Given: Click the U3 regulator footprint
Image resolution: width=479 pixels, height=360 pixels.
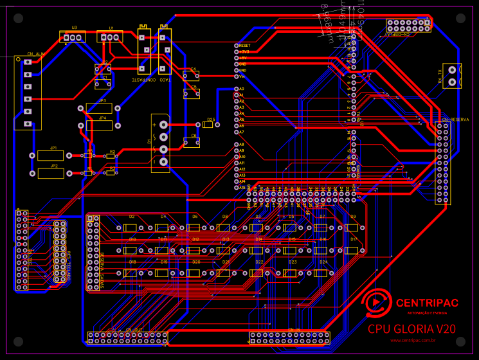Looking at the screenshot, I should (73, 38).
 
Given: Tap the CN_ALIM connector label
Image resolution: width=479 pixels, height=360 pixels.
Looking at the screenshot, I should (36, 54).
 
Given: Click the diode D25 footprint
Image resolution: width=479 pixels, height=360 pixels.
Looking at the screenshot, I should (208, 125).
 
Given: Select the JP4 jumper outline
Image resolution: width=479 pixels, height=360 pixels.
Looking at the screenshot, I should (98, 125).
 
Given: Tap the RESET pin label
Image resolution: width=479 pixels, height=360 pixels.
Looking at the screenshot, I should (244, 46).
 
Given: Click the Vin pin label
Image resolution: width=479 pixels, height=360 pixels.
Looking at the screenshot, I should (243, 76).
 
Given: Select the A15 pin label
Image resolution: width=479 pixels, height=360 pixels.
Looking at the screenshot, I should (242, 187).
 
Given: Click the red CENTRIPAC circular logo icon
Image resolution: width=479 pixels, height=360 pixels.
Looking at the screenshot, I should (375, 303).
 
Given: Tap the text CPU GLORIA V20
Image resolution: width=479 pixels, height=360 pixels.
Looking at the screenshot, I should (411, 328).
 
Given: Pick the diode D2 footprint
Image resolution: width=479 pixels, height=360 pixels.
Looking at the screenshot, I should (131, 228).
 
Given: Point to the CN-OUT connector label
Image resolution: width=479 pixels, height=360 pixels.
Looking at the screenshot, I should (134, 330).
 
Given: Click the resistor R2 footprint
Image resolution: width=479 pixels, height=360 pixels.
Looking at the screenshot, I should (111, 156).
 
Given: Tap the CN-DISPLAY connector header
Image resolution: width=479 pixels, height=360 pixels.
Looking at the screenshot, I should (408, 26).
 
